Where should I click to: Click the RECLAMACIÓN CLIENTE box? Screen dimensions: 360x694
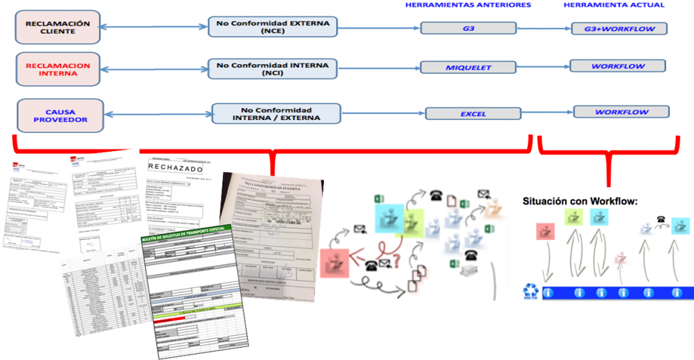[x=58, y=27]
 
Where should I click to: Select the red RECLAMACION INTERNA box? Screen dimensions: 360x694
[x=58, y=70]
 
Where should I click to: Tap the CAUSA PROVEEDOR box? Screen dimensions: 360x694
[x=60, y=115]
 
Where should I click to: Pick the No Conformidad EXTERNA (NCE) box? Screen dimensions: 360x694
[x=272, y=27]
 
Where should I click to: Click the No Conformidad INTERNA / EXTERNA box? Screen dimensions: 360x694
[x=276, y=113]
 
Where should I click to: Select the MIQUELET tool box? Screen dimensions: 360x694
[x=468, y=67]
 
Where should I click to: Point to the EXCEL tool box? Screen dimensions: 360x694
[x=474, y=113]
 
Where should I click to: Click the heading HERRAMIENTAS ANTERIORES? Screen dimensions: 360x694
[x=468, y=5]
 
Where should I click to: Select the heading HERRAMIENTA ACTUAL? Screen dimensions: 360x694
[x=614, y=5]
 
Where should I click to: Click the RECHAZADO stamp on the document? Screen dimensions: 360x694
[x=173, y=166]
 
